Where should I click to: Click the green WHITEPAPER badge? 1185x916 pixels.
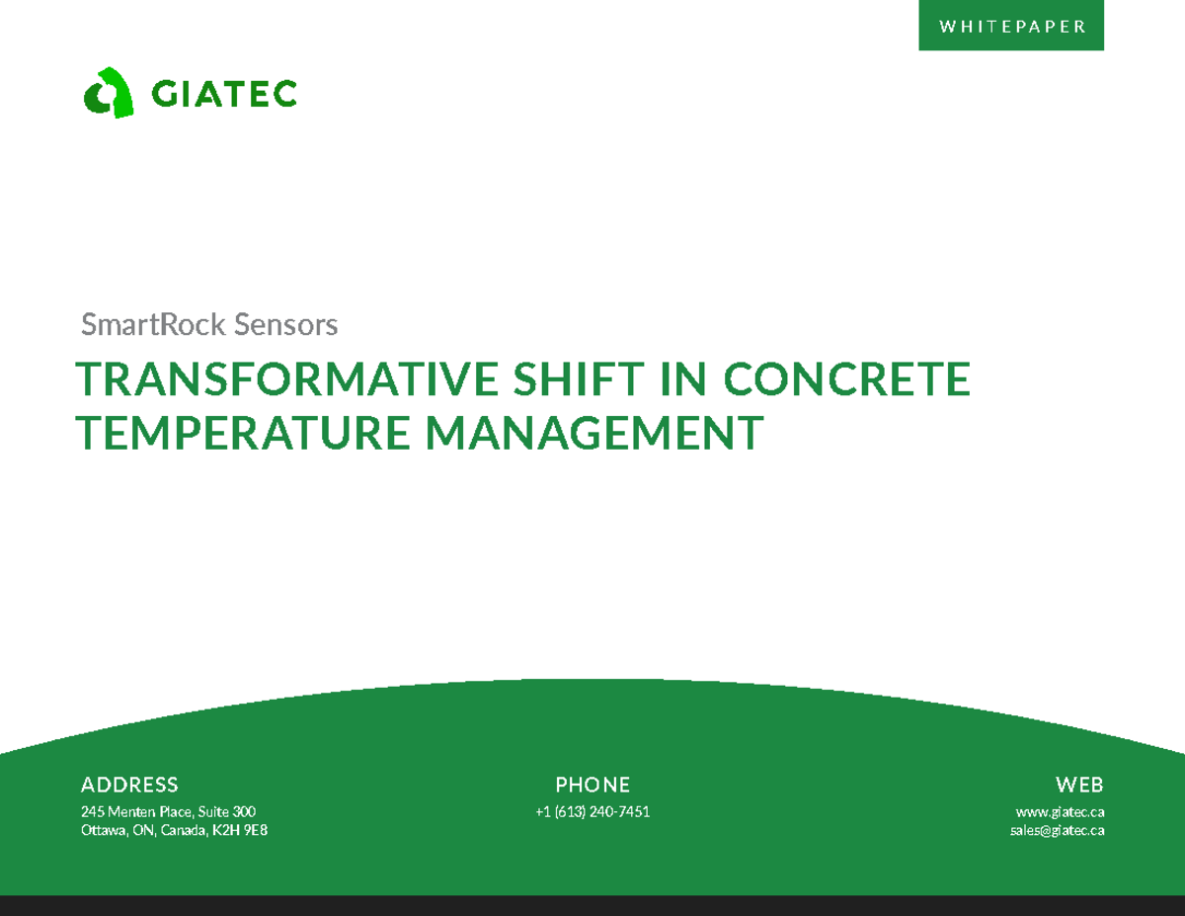coord(1011,27)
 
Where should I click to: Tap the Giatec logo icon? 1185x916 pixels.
coord(109,94)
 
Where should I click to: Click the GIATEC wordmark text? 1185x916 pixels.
coord(224,94)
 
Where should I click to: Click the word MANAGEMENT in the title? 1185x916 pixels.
coord(595,433)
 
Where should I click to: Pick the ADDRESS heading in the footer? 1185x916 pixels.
coord(129,786)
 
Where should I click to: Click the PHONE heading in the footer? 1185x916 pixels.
coord(592,786)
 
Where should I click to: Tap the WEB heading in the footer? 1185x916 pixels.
coord(1079,786)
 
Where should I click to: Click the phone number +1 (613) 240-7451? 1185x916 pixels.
coord(592,812)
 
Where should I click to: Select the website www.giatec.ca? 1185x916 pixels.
coord(1060,812)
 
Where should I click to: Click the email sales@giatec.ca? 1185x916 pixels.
coord(1057,831)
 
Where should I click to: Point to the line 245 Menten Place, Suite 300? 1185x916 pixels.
coord(168,812)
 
